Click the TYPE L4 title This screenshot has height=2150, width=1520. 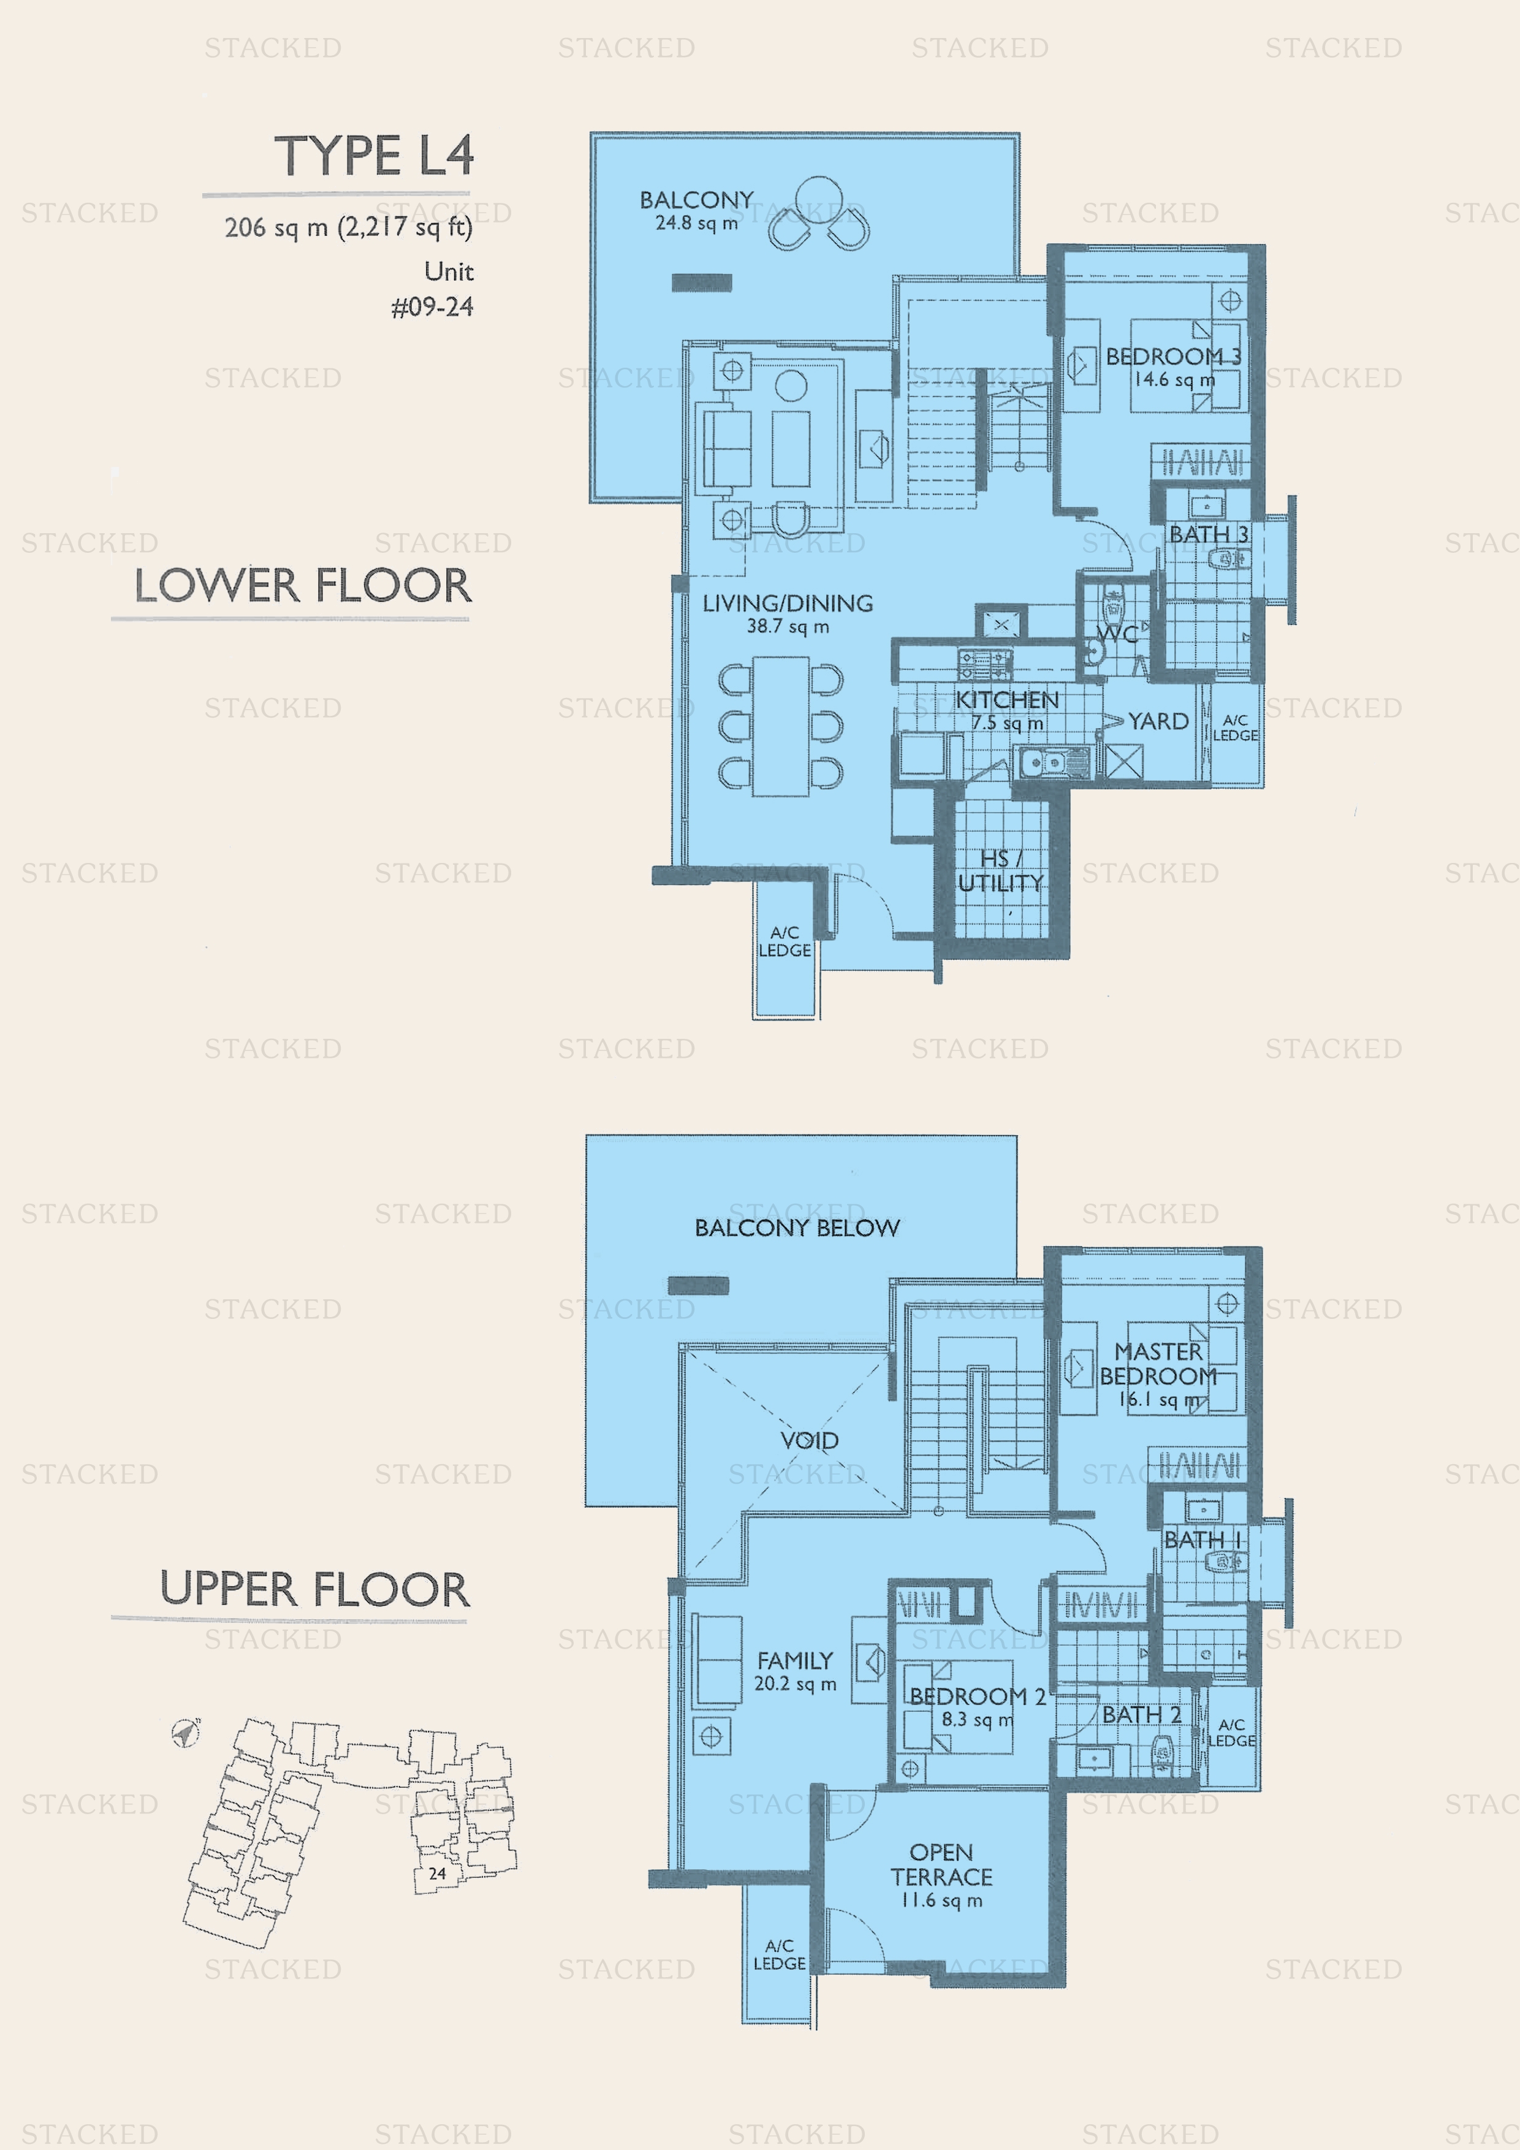(x=374, y=156)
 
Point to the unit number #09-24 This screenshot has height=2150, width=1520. (x=431, y=307)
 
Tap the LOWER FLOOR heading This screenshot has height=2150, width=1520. (x=303, y=586)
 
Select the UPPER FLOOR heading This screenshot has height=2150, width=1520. (x=314, y=1589)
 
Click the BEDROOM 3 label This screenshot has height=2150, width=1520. (x=1174, y=357)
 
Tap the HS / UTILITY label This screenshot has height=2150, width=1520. (x=1000, y=871)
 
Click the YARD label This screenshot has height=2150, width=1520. (x=1158, y=721)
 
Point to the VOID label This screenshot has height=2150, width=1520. (x=809, y=1440)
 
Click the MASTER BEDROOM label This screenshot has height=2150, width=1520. (x=1158, y=1364)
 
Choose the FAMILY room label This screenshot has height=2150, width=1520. (x=795, y=1660)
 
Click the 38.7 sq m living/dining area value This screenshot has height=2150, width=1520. (x=788, y=626)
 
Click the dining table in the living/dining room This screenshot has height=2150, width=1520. (x=781, y=727)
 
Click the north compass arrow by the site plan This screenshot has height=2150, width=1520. (x=186, y=1733)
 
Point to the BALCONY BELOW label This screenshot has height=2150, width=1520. (x=797, y=1228)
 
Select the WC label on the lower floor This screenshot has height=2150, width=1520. (x=1117, y=634)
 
